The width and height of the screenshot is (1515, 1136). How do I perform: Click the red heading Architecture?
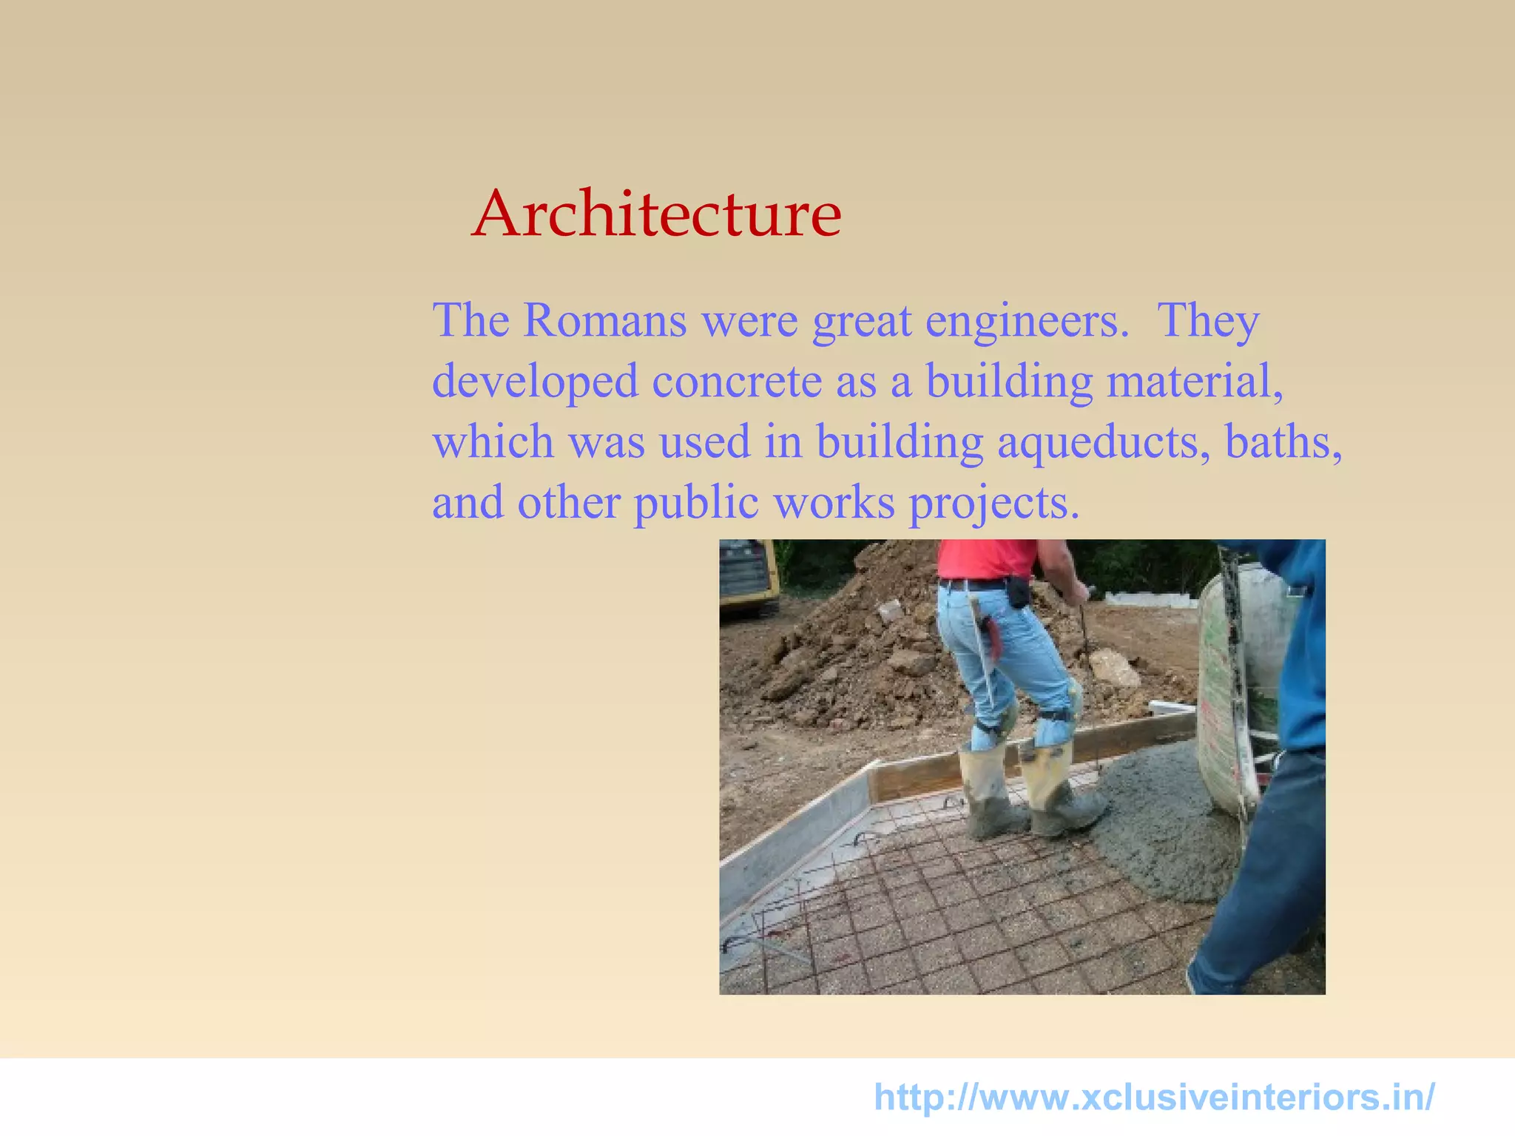tap(656, 214)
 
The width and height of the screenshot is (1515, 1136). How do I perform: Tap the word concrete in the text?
tap(737, 382)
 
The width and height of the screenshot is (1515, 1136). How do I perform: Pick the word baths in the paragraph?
tap(1283, 442)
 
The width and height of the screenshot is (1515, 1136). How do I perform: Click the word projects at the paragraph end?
tap(993, 504)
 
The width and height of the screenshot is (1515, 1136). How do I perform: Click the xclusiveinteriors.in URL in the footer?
tap(1154, 1097)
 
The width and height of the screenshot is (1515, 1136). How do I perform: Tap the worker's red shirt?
tap(985, 558)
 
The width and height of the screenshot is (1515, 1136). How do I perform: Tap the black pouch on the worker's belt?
tap(1019, 592)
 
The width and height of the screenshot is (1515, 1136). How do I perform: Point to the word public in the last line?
tap(696, 503)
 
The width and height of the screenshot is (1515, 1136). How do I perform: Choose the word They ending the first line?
tap(1207, 322)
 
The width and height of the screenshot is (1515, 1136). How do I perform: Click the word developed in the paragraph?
tap(534, 382)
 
